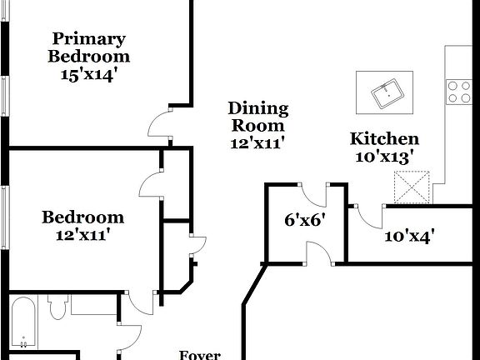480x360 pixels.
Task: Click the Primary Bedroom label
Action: [x=88, y=47]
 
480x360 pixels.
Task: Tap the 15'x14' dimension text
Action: [x=88, y=74]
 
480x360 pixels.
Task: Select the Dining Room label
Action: [x=258, y=117]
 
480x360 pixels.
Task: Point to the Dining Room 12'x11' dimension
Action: [x=258, y=142]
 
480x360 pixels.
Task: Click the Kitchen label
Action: [x=383, y=139]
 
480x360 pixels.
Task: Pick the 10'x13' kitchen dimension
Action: [x=383, y=156]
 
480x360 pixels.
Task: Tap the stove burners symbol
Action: [x=458, y=90]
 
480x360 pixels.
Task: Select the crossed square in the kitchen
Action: [x=412, y=187]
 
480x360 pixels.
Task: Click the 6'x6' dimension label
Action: [x=304, y=220]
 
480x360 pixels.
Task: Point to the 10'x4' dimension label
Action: [x=409, y=236]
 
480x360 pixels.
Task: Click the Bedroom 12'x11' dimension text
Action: [x=83, y=235]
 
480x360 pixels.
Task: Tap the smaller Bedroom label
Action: [x=83, y=217]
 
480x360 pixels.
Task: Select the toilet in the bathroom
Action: [x=57, y=309]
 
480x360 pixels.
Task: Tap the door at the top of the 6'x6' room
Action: [x=314, y=195]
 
